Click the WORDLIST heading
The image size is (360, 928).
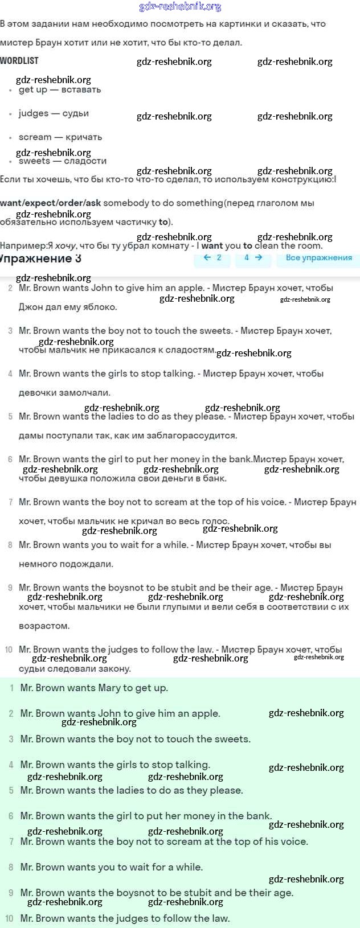19,61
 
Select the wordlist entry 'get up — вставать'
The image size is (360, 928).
59,90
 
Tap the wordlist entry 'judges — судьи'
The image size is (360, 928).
54,113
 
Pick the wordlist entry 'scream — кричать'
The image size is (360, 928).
60,137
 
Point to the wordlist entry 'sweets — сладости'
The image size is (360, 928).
62,161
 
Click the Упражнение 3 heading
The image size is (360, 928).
40,258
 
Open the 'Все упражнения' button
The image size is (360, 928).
318,258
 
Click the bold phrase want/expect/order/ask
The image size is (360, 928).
50,203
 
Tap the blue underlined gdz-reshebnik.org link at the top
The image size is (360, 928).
180,7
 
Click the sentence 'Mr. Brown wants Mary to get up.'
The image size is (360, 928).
94,688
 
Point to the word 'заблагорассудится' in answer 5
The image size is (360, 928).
182,436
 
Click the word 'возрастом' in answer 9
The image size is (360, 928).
44,626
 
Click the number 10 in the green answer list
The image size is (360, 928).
9,918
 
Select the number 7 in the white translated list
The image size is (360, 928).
10,502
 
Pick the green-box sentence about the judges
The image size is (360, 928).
125,918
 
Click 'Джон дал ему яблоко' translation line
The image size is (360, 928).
68,307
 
